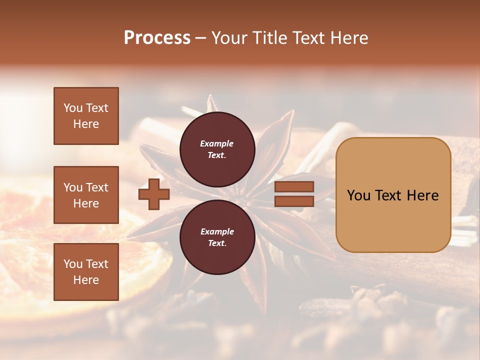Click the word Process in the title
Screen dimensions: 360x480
point(157,38)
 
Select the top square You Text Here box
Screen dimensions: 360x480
point(86,116)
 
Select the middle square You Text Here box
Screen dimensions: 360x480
point(86,195)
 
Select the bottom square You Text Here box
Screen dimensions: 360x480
point(86,272)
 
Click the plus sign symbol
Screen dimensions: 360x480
point(153,194)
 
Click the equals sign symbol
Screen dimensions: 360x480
point(294,194)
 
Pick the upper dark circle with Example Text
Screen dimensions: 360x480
point(217,149)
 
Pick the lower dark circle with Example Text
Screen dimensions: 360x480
point(217,237)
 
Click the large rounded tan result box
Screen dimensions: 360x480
point(393,194)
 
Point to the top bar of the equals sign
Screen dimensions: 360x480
point(294,187)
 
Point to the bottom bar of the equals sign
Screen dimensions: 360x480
point(294,201)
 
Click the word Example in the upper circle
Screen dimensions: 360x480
point(217,143)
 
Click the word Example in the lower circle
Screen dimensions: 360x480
point(217,231)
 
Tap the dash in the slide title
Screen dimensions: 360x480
point(200,38)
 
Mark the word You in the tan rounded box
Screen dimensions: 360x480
point(358,195)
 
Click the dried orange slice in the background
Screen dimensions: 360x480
point(30,260)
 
